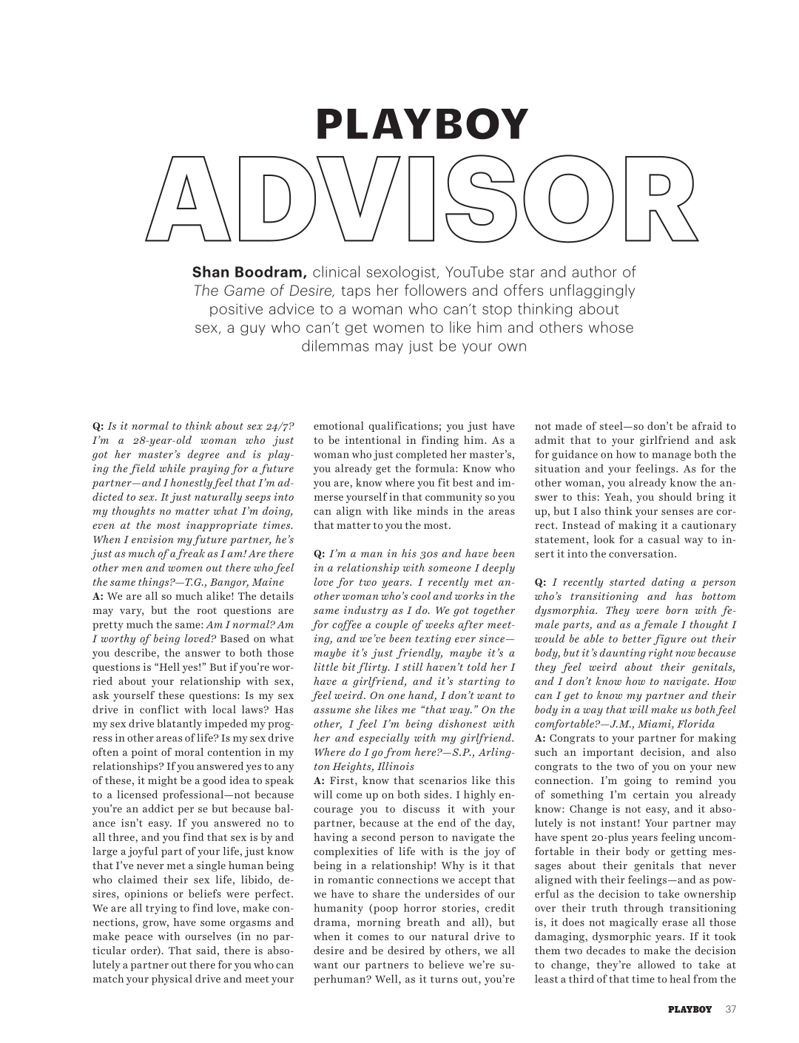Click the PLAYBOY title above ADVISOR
(x=422, y=124)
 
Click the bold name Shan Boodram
(x=249, y=272)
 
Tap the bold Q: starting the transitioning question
(x=541, y=582)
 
